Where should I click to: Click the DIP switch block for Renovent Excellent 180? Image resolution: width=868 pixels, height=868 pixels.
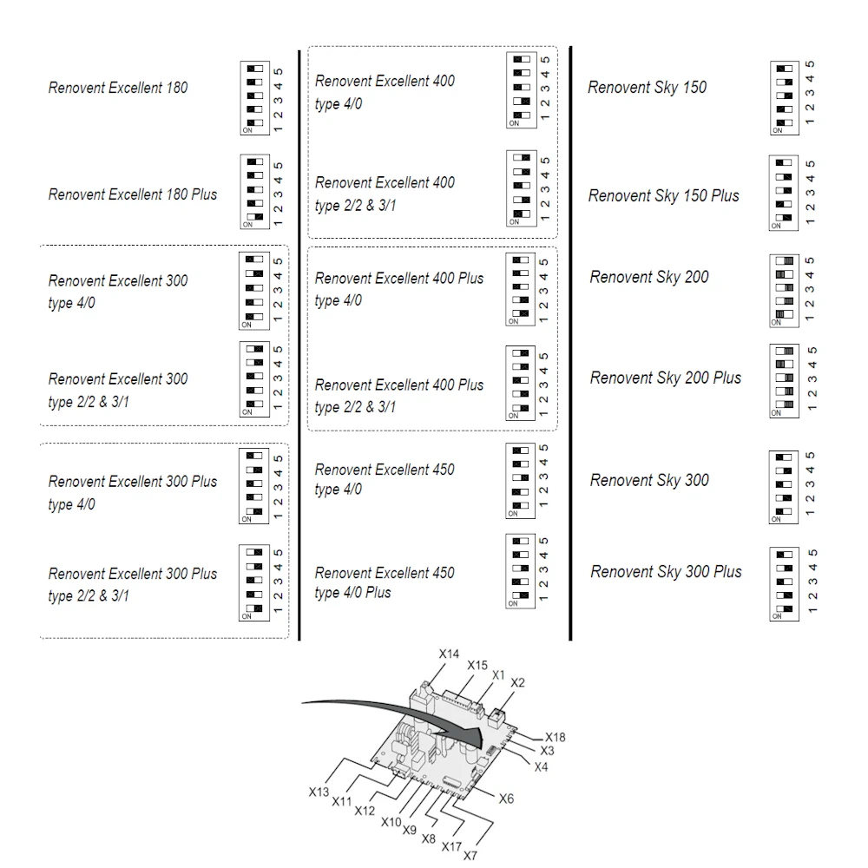click(x=254, y=98)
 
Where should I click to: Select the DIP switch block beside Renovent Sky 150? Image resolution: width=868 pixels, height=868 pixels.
click(x=785, y=98)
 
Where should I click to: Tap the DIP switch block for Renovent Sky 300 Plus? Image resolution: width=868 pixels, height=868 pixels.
click(x=785, y=584)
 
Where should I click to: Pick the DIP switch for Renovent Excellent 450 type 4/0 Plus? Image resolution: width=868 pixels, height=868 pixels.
click(x=520, y=571)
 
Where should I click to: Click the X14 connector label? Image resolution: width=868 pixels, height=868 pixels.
click(x=449, y=654)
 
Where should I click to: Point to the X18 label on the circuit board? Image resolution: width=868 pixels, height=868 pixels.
click(x=556, y=737)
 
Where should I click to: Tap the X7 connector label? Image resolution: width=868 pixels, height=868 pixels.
click(x=470, y=855)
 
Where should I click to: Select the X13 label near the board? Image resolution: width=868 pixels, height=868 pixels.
click(x=319, y=792)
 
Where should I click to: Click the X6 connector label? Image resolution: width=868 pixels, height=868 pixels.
click(x=507, y=799)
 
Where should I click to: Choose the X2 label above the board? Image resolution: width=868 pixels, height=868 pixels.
click(x=517, y=682)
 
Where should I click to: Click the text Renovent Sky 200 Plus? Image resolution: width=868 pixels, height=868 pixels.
click(x=666, y=378)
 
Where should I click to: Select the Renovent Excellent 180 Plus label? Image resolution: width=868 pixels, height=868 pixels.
click(x=133, y=194)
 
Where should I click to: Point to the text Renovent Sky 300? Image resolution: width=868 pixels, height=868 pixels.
click(x=649, y=480)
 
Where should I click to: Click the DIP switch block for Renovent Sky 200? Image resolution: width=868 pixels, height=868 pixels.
click(x=785, y=291)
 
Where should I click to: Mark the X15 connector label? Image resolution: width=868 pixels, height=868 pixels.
click(x=477, y=665)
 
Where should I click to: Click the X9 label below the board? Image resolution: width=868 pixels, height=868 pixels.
click(x=409, y=830)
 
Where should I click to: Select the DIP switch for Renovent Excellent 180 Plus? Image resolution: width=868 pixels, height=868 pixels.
click(x=254, y=192)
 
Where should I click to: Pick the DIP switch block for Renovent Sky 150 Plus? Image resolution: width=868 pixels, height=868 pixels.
click(x=784, y=194)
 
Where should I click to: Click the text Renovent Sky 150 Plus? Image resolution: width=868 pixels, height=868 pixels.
click(x=664, y=196)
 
